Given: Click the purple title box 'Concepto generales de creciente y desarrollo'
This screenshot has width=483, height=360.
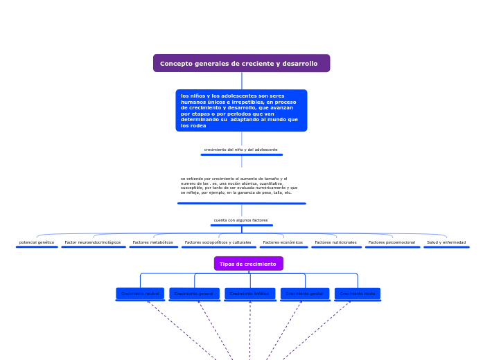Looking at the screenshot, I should click(x=241, y=64).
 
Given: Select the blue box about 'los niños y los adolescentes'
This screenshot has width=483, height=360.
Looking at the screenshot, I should click(x=241, y=111).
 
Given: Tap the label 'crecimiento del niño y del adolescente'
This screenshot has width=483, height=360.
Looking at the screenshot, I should click(x=241, y=150).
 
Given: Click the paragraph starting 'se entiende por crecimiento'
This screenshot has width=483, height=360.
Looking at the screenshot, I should click(x=241, y=186).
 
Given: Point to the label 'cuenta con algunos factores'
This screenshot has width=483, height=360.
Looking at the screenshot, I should click(x=241, y=220).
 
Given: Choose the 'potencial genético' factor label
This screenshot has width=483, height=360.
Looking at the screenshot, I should click(x=37, y=242).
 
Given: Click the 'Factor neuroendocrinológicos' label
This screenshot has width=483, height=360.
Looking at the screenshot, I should click(x=93, y=242).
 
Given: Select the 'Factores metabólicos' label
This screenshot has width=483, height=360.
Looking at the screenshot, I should click(x=153, y=242).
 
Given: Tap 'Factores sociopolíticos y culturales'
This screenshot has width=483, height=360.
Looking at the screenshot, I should click(x=218, y=242).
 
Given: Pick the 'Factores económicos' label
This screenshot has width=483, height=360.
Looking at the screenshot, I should click(x=283, y=242).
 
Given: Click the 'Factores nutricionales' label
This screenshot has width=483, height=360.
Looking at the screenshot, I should click(x=336, y=242).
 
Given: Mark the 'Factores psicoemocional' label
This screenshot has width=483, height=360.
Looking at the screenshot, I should click(x=392, y=242).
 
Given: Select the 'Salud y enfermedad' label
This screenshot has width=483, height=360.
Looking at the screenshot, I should click(x=446, y=242).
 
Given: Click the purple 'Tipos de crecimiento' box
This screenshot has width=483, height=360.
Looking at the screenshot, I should click(x=248, y=264).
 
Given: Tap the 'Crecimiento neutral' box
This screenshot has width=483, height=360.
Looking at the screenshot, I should click(x=140, y=294).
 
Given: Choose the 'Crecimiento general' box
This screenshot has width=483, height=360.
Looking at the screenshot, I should click(x=194, y=294).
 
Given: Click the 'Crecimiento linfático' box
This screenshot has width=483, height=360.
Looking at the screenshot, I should click(x=249, y=294).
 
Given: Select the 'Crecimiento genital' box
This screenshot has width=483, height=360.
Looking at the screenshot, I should click(x=305, y=294).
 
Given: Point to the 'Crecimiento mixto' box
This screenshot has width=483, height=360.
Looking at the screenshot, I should click(x=358, y=294).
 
